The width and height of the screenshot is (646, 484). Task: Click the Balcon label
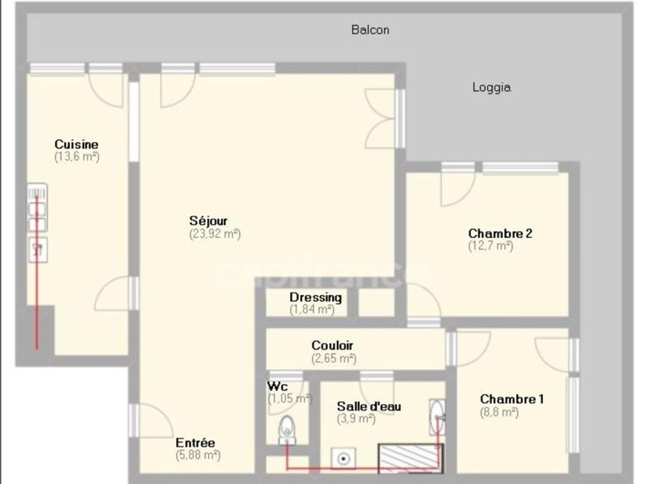[370, 30]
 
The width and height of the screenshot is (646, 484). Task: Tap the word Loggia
[491, 87]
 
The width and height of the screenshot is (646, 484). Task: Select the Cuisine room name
[77, 145]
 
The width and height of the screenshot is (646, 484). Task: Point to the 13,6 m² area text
[77, 157]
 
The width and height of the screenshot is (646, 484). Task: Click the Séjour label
[209, 221]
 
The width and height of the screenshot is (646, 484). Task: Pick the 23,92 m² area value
[215, 234]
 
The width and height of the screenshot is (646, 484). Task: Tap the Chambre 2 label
[500, 233]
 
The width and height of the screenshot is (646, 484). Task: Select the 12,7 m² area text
[491, 246]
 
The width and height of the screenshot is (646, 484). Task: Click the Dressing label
[316, 297]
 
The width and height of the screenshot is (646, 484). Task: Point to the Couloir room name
[332, 346]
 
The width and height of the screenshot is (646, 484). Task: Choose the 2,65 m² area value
[334, 358]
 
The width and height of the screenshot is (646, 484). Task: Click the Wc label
[278, 386]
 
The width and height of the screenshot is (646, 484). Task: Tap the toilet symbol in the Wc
[287, 430]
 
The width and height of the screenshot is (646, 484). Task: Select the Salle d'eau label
[369, 406]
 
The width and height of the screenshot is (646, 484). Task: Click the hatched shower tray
[410, 458]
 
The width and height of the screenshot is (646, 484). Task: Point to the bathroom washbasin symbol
[437, 417]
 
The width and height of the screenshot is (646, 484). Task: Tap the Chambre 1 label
[511, 399]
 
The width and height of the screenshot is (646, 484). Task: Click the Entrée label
[195, 443]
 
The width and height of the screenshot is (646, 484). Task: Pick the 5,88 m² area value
[198, 455]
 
